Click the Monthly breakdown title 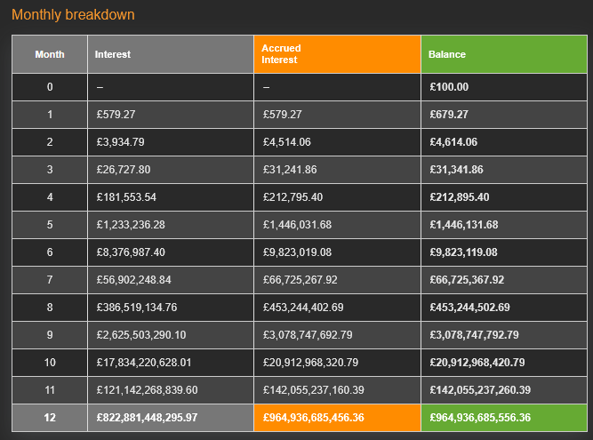[73, 16]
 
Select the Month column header [50, 54]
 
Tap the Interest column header [113, 54]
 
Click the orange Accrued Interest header [281, 54]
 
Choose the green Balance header [446, 54]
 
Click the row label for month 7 [50, 280]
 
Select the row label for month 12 [50, 418]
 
